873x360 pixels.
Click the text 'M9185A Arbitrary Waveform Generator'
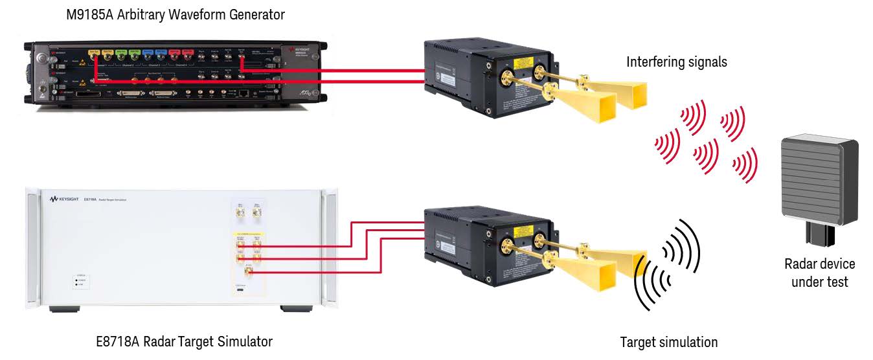176,14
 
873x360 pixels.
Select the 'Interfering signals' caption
677,62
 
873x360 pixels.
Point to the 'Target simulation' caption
669,342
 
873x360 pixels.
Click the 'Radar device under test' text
819,273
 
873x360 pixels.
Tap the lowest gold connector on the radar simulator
248,273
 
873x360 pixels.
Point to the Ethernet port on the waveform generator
242,94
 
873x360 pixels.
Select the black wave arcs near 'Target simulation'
667,262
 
